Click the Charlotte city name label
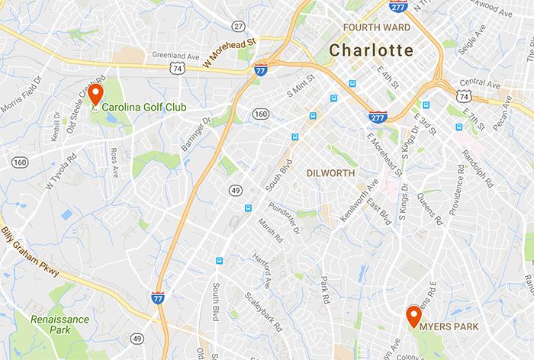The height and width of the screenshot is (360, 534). point(372,51)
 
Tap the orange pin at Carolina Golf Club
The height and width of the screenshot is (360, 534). point(95,95)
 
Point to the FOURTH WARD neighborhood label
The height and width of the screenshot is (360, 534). point(377,27)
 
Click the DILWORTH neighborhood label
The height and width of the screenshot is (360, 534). point(330,173)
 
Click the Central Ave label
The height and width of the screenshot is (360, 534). point(480,82)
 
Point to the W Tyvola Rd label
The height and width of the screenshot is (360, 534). point(61,172)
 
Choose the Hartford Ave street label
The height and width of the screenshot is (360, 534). point(262,270)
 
